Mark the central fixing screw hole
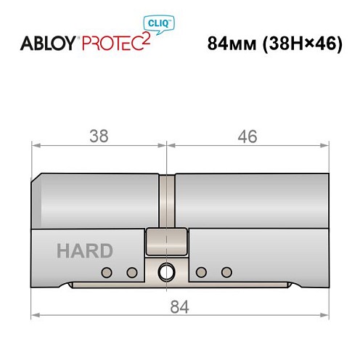click(167, 272)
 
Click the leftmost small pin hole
click(107, 272)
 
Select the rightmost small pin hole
click(226, 272)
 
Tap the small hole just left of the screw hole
click(131, 272)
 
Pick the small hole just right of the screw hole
click(202, 272)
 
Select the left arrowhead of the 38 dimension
click(36, 146)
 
